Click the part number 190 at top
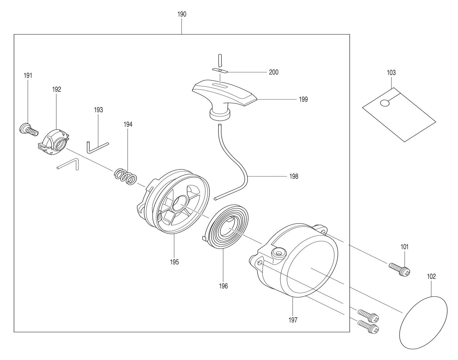pos(182,14)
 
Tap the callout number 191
pos(28,76)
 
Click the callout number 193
pos(98,110)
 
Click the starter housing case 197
pos(297,261)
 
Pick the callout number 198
pos(294,176)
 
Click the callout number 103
pos(391,73)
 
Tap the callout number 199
pos(303,99)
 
